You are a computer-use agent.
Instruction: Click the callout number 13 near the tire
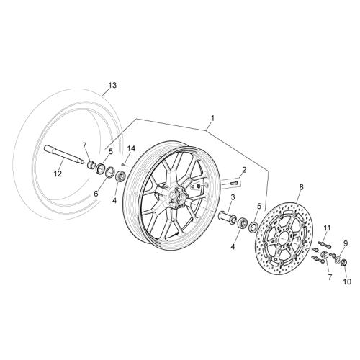click(112, 85)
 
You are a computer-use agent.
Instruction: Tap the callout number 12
click(58, 174)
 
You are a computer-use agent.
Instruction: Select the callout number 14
click(131, 148)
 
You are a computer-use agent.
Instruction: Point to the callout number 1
click(212, 118)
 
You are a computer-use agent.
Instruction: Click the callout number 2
click(244, 170)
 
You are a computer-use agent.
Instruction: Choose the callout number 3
click(233, 197)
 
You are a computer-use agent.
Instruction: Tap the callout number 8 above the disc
click(302, 186)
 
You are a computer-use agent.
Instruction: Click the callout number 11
click(327, 227)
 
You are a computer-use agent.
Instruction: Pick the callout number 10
click(347, 282)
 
